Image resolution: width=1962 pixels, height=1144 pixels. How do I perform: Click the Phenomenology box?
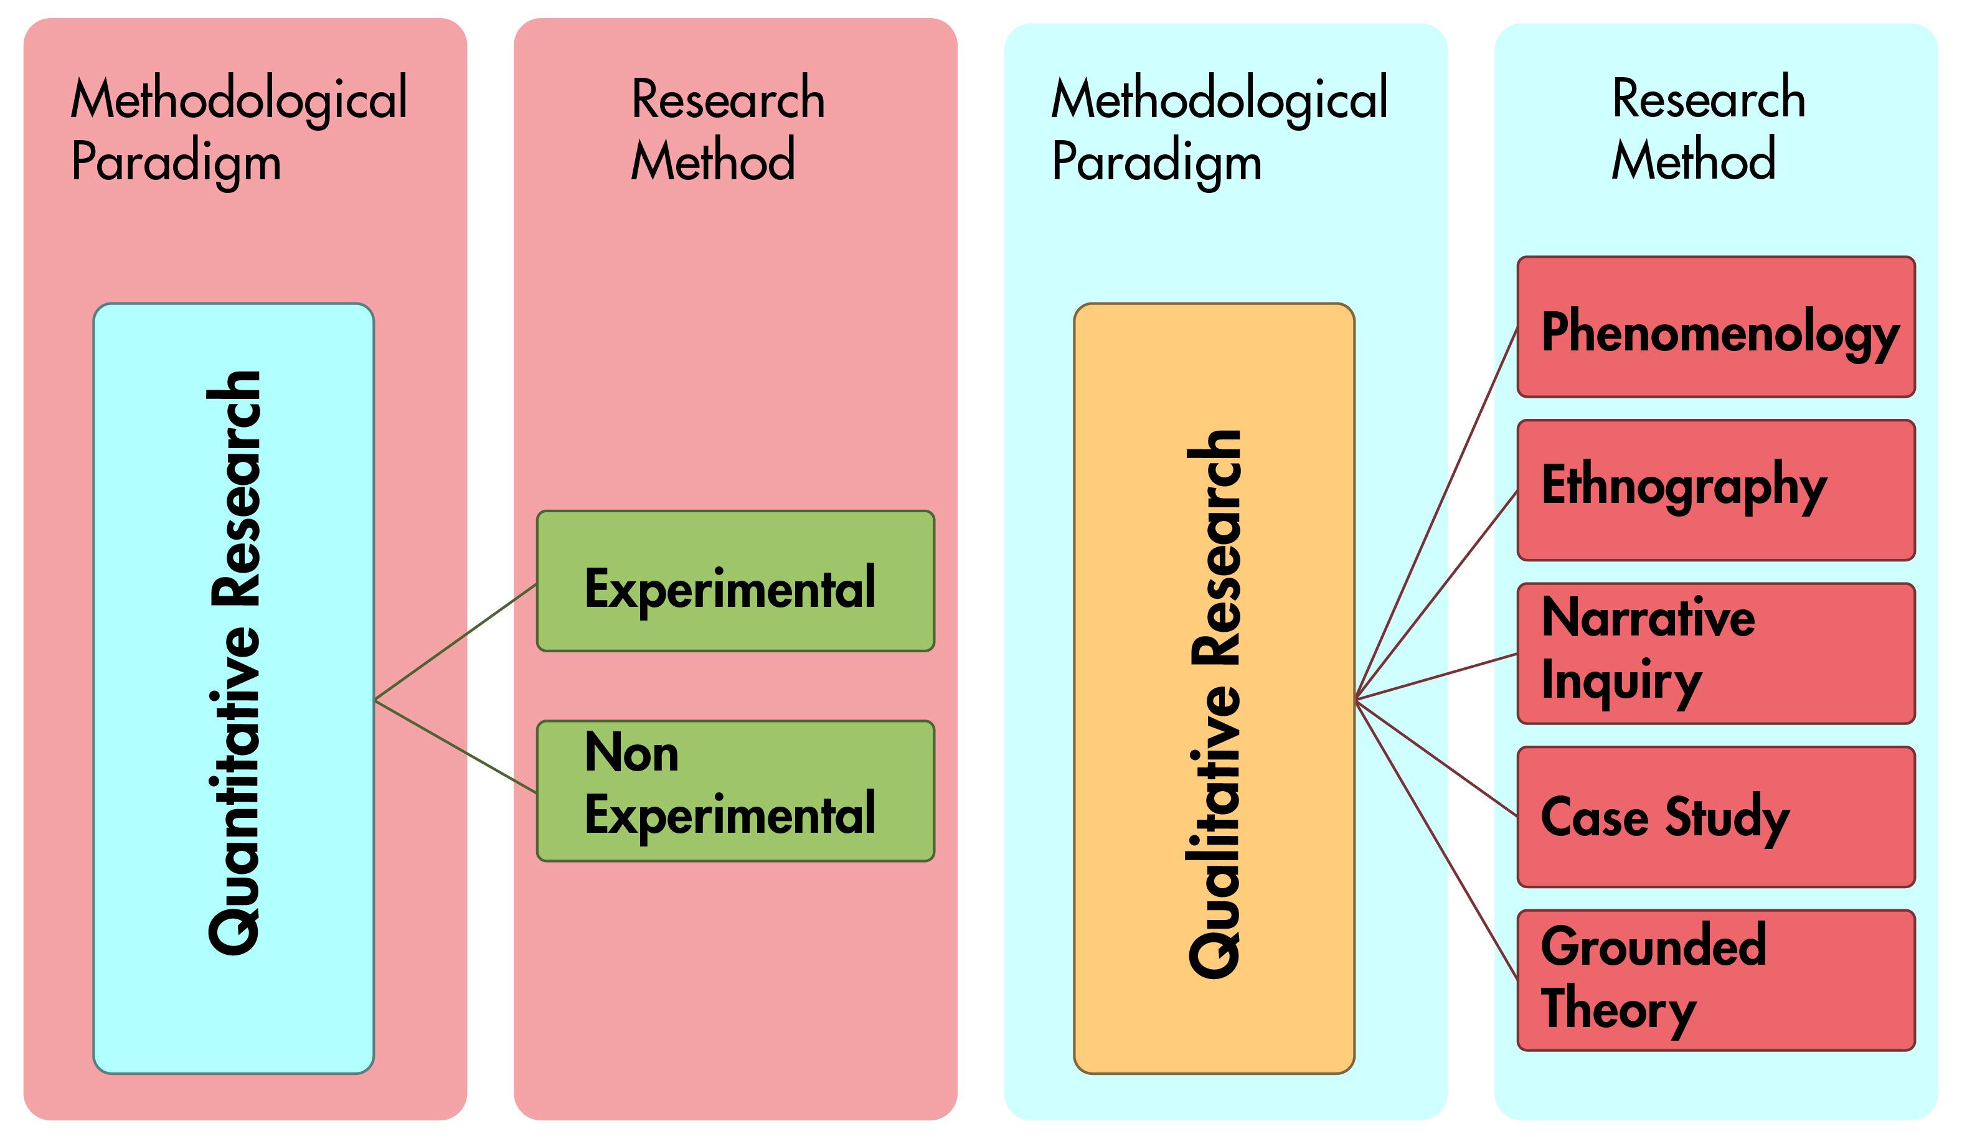tap(1716, 327)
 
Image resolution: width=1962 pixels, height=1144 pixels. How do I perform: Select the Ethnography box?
tap(1716, 490)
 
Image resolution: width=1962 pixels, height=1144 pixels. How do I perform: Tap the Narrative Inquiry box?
tap(1716, 654)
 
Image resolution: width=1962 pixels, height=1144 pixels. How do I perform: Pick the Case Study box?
tap(1716, 817)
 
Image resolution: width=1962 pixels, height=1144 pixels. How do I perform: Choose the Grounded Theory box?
tap(1716, 980)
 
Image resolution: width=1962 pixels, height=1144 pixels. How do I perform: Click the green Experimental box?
tap(736, 581)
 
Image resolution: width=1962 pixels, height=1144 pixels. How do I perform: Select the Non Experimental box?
tap(736, 790)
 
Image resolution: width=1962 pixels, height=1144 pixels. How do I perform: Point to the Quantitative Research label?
tap(233, 662)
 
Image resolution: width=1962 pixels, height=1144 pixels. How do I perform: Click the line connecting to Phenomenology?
tap(1436, 513)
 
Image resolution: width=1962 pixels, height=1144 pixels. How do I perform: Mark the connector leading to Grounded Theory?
tap(1436, 840)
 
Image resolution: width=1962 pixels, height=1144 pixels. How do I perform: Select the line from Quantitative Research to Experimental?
tap(455, 642)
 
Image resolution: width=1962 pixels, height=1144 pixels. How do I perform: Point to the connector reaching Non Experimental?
tap(455, 747)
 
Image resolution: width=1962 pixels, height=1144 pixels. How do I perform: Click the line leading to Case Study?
tap(1436, 759)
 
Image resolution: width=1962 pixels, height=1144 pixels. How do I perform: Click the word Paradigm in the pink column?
tap(176, 162)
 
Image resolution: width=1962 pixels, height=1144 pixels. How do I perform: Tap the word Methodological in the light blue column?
tap(1219, 100)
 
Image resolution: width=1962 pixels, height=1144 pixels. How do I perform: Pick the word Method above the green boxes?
tap(712, 159)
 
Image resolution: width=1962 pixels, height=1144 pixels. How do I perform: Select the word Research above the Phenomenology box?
tap(1708, 98)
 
